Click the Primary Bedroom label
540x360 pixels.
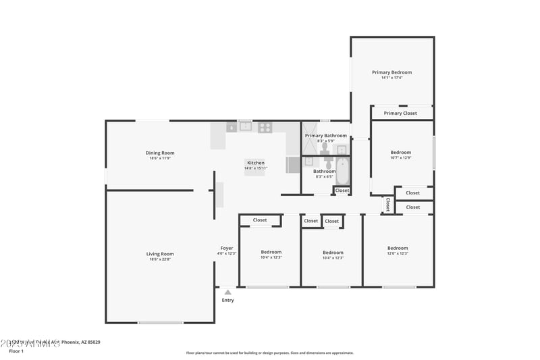pyautogui.click(x=391, y=72)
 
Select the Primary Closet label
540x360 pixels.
pyautogui.click(x=400, y=113)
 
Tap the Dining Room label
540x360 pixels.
pyautogui.click(x=160, y=153)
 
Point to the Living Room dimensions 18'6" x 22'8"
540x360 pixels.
pyautogui.click(x=160, y=259)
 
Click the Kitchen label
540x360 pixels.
pyautogui.click(x=256, y=163)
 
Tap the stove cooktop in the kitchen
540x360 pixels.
pyautogui.click(x=265, y=126)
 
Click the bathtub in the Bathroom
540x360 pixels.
pyautogui.click(x=342, y=172)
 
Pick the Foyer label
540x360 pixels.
pyautogui.click(x=227, y=248)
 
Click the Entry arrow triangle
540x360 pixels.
pyautogui.click(x=228, y=292)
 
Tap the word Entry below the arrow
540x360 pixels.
pyautogui.click(x=228, y=300)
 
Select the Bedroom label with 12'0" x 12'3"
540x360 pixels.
pyautogui.click(x=398, y=248)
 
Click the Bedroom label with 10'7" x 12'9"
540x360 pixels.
pyautogui.click(x=400, y=153)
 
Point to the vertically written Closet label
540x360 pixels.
pyautogui.click(x=387, y=204)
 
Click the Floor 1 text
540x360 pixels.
pyautogui.click(x=16, y=351)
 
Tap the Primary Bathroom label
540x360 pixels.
pyautogui.click(x=325, y=136)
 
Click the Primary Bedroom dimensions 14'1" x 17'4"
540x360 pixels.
pyautogui.click(x=391, y=78)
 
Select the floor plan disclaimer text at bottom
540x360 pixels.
pyautogui.click(x=269, y=353)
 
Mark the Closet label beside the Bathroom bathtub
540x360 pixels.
pyautogui.click(x=342, y=190)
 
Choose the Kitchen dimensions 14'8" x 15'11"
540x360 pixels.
pyautogui.click(x=256, y=168)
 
